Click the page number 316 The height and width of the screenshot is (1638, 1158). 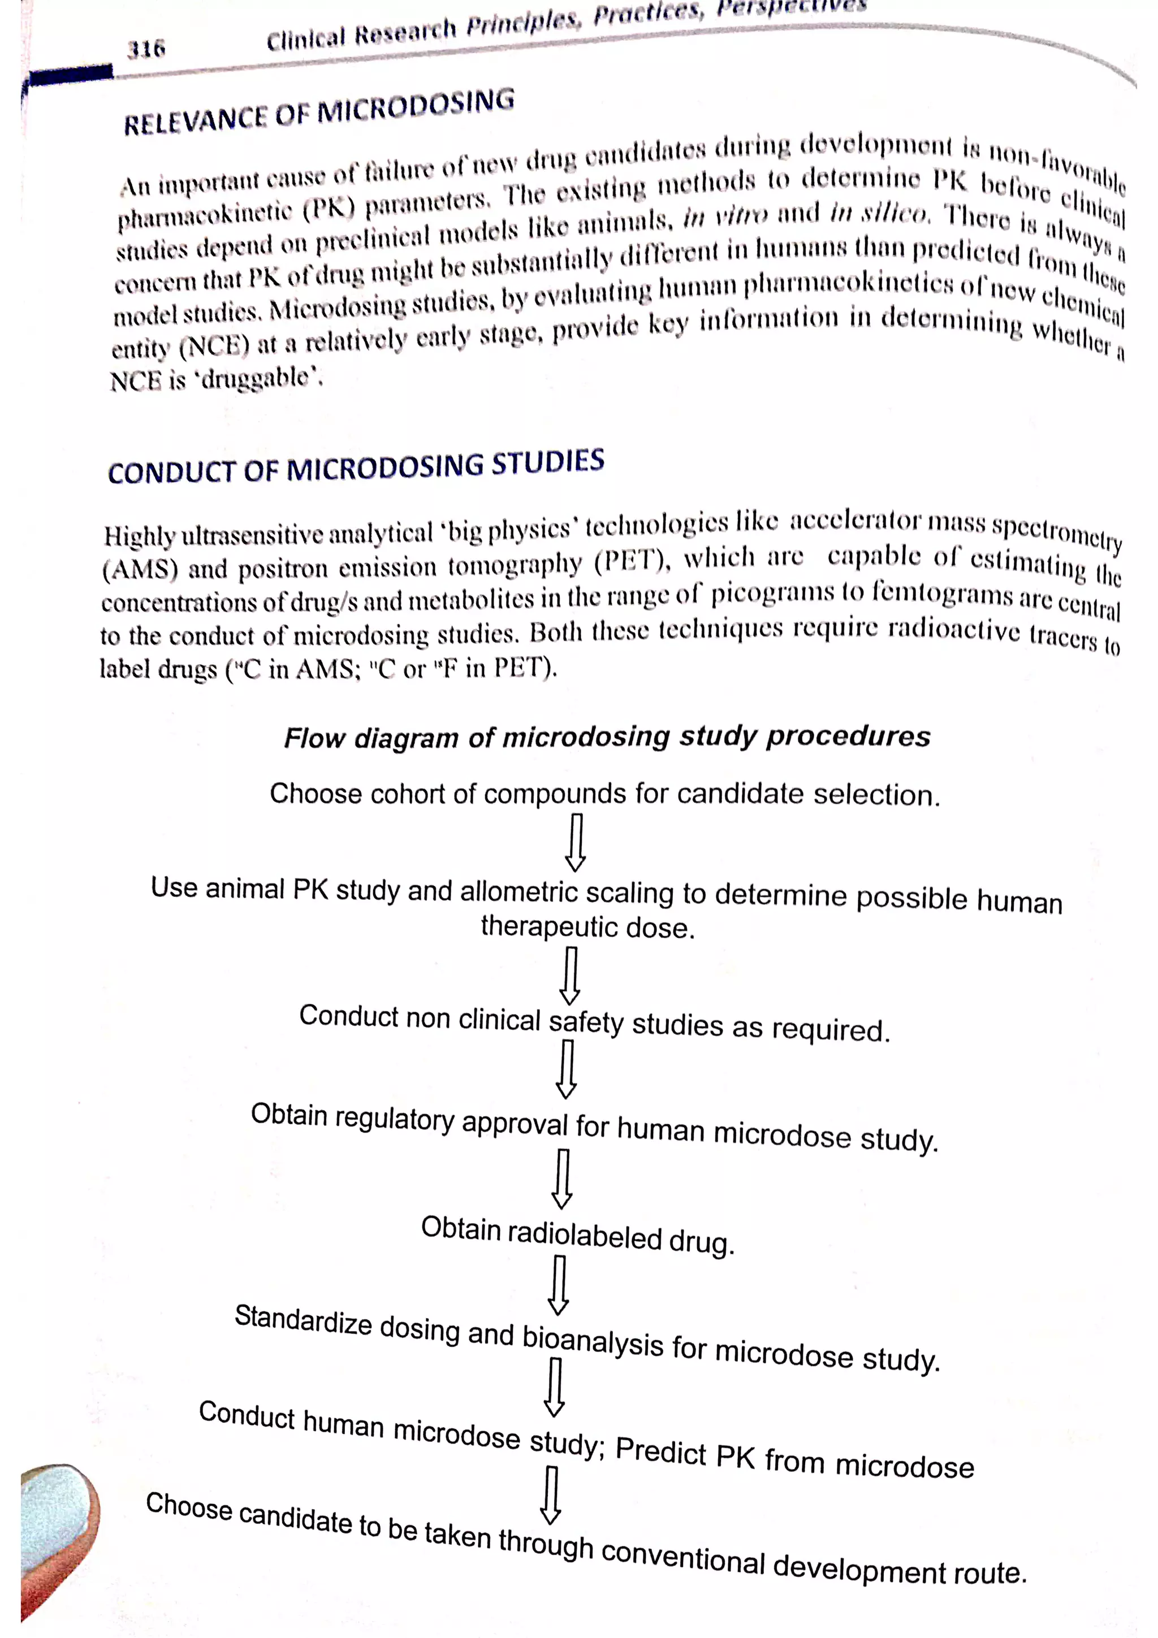pos(146,49)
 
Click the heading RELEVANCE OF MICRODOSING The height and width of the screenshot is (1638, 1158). pos(319,112)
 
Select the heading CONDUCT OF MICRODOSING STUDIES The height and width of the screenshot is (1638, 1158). pos(356,467)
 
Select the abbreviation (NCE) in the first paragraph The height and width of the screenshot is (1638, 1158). pos(214,346)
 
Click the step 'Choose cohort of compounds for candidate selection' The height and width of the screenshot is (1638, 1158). pos(605,794)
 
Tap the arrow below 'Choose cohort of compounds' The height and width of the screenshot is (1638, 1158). pos(576,842)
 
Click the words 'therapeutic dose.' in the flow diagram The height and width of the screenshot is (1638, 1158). pos(588,928)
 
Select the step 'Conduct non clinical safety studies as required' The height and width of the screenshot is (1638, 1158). pos(594,1023)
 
